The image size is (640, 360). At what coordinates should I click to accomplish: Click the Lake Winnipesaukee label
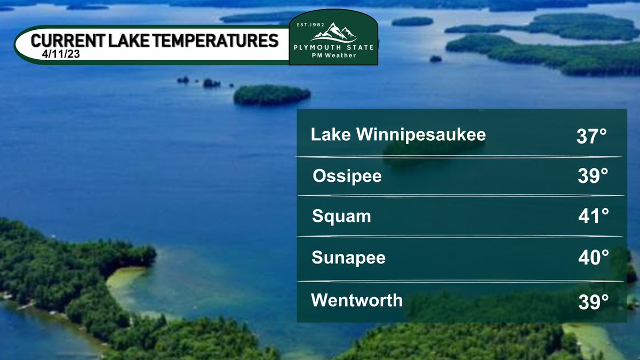398,135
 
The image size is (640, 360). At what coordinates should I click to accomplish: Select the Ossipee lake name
347,175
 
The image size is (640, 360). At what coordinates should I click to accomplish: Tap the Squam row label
341,217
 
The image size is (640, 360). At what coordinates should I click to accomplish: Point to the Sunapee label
348,258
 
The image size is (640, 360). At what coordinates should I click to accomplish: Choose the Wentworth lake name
357,300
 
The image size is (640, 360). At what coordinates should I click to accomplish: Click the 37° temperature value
592,137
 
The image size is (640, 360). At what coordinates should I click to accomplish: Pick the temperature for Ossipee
593,177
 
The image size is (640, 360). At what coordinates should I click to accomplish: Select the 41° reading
593,218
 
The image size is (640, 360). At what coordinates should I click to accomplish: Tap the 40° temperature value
593,259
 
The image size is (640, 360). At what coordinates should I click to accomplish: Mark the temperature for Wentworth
593,301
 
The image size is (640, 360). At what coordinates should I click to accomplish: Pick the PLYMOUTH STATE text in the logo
333,47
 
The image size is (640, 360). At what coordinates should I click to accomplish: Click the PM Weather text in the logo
333,55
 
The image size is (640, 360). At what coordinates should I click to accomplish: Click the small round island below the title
271,95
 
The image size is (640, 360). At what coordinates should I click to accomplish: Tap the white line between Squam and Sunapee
460,236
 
